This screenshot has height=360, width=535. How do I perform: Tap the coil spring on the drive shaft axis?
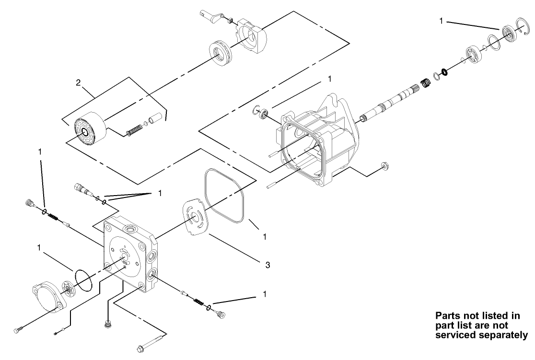[425, 83]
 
